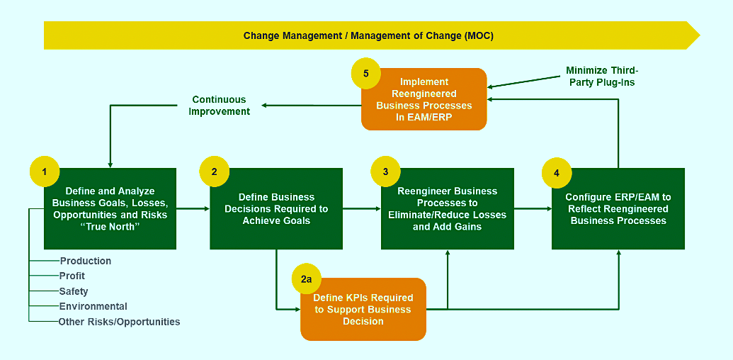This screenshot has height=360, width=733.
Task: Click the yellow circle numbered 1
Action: coord(45,171)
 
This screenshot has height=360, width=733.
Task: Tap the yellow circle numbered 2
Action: coord(214,171)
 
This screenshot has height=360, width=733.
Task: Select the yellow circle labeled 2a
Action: coord(306,280)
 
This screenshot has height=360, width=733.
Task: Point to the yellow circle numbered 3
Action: coord(386,171)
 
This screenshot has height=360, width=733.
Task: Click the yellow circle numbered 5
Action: coord(366,74)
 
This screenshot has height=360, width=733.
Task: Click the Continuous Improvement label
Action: coord(220,106)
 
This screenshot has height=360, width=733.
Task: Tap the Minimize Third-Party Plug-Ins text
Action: coord(602,77)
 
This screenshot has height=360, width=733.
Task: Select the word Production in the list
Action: coord(86,261)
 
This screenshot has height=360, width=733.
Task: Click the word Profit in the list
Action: coord(72,276)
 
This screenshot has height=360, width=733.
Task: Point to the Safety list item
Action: coord(74,291)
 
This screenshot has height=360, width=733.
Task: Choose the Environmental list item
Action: coord(93,306)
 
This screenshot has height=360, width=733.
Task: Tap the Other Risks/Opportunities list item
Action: coord(119,322)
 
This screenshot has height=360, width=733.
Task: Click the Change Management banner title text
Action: coord(368,36)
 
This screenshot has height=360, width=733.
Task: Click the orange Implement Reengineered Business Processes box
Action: coord(424,99)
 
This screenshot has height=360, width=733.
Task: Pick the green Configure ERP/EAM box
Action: coord(618,208)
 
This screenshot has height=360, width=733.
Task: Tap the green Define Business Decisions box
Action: coord(276,208)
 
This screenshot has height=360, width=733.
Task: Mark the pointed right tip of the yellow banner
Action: coord(700,35)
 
